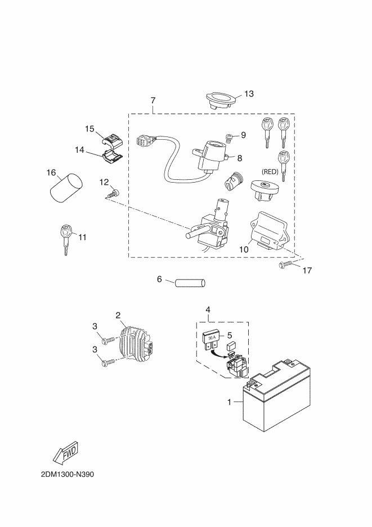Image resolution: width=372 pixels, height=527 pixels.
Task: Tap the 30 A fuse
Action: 211,340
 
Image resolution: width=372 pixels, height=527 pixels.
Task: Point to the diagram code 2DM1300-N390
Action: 68,474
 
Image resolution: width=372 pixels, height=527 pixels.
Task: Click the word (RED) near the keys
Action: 270,172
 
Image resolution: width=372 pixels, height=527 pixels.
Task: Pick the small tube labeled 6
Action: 190,282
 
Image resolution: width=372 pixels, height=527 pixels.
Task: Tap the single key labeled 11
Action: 66,240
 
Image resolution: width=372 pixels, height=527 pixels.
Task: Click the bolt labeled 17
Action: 286,265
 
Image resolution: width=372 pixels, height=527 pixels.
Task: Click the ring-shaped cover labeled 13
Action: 220,100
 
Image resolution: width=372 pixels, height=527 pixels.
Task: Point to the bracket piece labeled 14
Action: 111,156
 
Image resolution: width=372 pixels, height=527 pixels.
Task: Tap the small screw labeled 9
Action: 228,138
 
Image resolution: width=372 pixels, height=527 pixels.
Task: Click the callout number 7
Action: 153,100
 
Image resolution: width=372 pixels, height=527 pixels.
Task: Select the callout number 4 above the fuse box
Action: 208,309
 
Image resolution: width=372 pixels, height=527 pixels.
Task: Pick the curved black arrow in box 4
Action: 218,353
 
